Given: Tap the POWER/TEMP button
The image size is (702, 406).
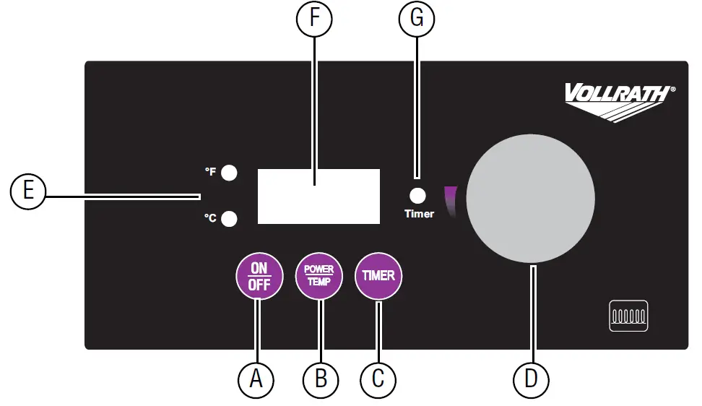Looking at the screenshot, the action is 318,276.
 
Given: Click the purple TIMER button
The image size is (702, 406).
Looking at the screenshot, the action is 378,276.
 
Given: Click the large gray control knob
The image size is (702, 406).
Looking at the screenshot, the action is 531,198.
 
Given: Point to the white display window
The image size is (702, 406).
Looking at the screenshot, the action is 318,196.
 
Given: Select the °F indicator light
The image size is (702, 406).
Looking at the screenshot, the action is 229,173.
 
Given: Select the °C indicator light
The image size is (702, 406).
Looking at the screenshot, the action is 229,219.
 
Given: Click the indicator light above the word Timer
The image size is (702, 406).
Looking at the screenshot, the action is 417,196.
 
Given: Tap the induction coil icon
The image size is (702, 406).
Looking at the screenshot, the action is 628,316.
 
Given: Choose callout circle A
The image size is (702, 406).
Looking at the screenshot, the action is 256,379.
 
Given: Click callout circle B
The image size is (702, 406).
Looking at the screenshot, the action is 321,379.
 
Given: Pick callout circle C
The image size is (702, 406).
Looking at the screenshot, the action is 378,379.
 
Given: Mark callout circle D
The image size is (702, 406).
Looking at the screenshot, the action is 531,379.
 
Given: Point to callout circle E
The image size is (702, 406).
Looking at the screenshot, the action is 27,191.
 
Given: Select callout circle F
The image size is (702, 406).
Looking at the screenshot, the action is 314,18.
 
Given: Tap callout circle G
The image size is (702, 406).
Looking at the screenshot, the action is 417,18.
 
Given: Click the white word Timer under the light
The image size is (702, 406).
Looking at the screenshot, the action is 420,214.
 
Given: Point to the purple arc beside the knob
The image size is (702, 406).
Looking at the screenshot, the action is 451,202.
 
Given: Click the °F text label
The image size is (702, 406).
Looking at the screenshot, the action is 210,171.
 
